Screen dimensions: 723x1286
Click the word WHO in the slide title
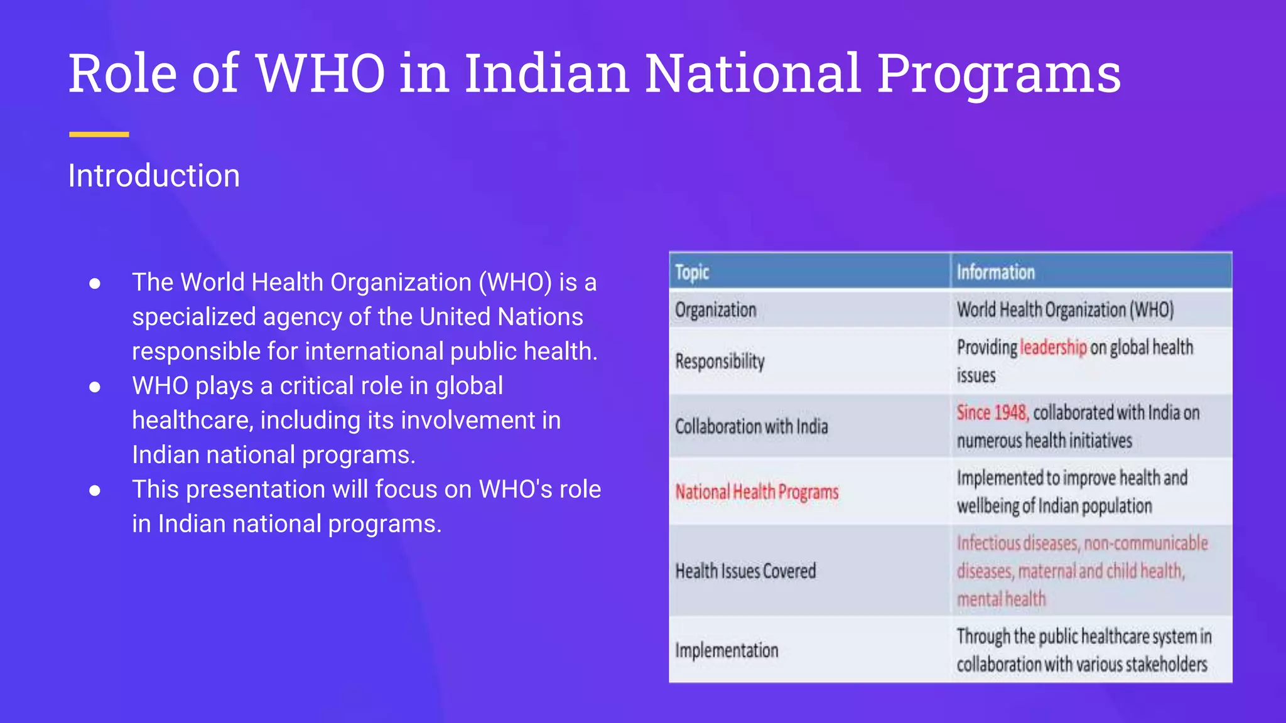pos(320,74)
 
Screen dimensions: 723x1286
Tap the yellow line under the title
pos(99,134)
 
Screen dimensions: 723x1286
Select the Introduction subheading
pos(154,176)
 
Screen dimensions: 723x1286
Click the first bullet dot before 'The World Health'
pos(95,284)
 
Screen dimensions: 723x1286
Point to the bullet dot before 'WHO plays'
pos(95,387)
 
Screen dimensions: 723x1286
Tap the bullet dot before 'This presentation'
pos(95,491)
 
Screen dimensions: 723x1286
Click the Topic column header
pos(692,272)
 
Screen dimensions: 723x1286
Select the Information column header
pos(995,272)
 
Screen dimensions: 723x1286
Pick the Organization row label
pos(715,310)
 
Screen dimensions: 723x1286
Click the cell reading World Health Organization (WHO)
pos(1065,310)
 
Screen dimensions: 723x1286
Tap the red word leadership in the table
pos(1053,347)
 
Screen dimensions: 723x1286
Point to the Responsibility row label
pos(720,361)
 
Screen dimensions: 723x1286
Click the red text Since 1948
pos(992,413)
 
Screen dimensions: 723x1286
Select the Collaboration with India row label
pos(751,427)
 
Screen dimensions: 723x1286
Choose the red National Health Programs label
pos(757,492)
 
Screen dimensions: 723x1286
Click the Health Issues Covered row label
pos(745,571)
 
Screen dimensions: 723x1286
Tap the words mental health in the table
pos(1001,599)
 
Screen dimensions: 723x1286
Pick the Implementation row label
pos(727,650)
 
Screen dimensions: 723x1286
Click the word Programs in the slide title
pos(998,74)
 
